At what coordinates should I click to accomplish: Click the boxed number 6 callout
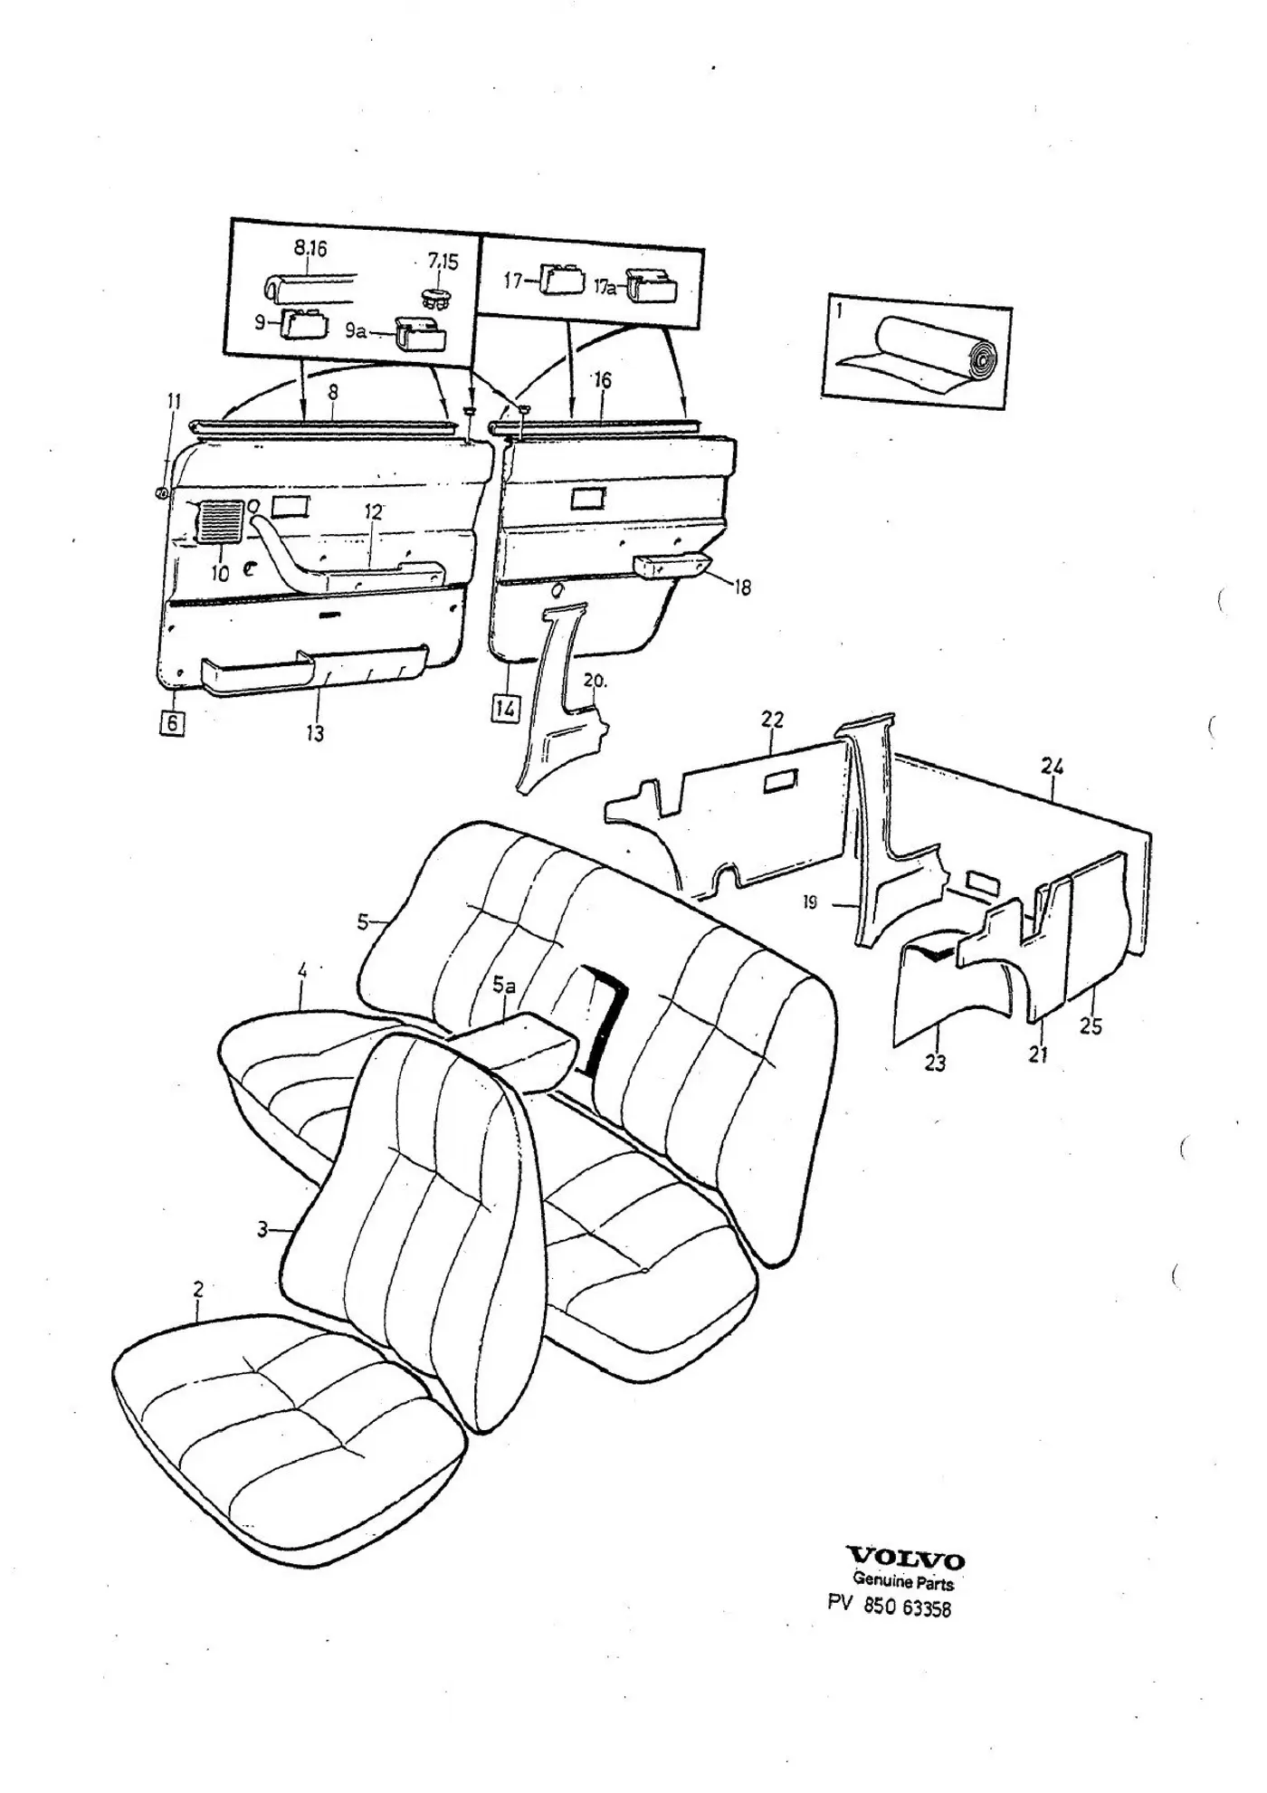click(172, 722)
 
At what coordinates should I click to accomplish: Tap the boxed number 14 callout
click(506, 708)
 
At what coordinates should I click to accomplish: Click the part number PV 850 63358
click(890, 1607)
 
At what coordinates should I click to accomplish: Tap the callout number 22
click(772, 720)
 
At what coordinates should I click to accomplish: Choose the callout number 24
click(1052, 767)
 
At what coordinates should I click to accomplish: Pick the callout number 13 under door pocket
click(314, 733)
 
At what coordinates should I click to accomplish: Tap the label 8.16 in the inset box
click(310, 248)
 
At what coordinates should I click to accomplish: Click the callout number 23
click(935, 1063)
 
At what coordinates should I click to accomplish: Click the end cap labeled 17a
click(651, 286)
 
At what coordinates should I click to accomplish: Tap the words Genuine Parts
click(903, 1582)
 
